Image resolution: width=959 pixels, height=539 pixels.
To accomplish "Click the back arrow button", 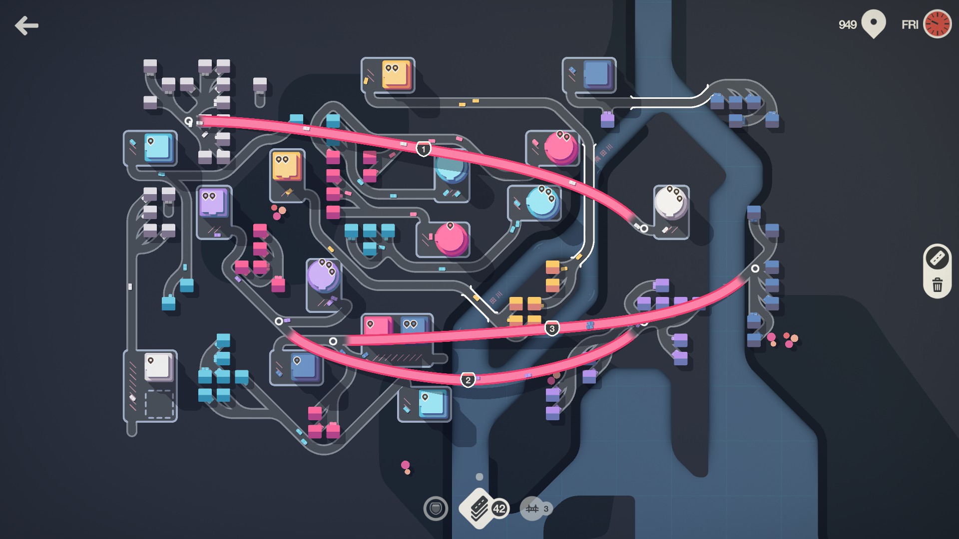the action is click(26, 25).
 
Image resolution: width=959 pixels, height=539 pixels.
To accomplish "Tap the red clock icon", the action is click(937, 24).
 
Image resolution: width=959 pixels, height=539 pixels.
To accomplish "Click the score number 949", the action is click(847, 24).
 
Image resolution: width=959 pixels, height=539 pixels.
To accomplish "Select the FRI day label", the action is click(910, 24).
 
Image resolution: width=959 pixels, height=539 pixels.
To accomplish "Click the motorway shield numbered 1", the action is click(424, 149).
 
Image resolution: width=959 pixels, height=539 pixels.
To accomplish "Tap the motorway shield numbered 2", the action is click(468, 380).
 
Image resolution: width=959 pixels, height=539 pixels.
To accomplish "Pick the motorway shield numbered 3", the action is click(551, 328).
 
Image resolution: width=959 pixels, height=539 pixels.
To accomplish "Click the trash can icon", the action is click(937, 285).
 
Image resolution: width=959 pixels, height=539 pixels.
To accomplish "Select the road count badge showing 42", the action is click(499, 509).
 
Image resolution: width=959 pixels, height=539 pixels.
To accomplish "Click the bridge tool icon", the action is click(532, 509).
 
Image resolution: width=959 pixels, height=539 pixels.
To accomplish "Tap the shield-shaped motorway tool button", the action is click(436, 509).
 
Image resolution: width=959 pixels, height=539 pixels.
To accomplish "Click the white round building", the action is click(670, 202).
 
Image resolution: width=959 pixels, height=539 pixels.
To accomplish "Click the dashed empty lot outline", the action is click(159, 404).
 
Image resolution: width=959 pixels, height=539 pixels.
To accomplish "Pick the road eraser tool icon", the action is click(937, 258).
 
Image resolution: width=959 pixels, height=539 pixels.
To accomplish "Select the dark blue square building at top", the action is click(597, 74).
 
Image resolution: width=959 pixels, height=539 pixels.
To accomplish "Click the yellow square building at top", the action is click(396, 74).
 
